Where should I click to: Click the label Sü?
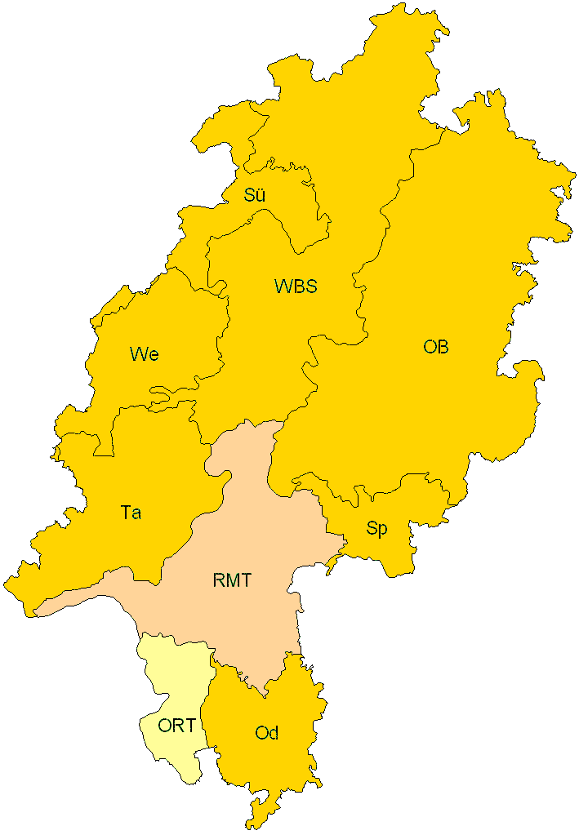click(x=255, y=195)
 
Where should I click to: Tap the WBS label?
click(x=295, y=286)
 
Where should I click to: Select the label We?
click(x=144, y=354)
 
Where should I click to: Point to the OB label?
click(x=435, y=347)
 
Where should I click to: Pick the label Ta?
click(x=131, y=513)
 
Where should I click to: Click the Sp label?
click(x=376, y=529)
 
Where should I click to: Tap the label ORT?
click(x=177, y=726)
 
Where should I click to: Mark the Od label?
click(x=266, y=733)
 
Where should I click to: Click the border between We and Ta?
click(x=155, y=404)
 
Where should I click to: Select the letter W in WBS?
click(x=283, y=286)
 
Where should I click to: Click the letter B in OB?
click(x=442, y=347)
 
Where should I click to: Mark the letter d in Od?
click(x=273, y=733)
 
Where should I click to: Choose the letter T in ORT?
click(x=189, y=726)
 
